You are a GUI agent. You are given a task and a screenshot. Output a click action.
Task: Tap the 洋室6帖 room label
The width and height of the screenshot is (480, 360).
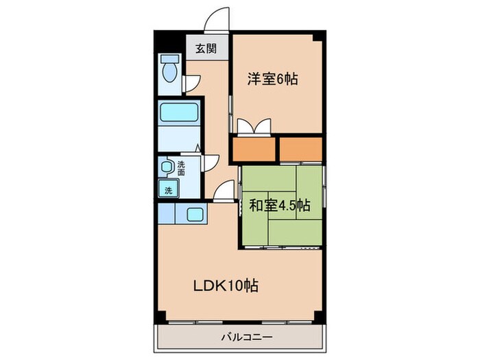pyautogui.click(x=272, y=79)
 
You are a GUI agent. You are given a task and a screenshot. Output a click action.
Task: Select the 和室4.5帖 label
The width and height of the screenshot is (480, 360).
pyautogui.click(x=279, y=204)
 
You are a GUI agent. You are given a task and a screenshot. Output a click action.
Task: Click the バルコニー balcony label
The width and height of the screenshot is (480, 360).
pyautogui.click(x=247, y=337)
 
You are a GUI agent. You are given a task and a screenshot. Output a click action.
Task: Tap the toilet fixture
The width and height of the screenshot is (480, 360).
pyautogui.click(x=168, y=68)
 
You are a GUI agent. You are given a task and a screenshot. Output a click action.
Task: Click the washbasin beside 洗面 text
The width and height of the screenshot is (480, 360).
pyautogui.click(x=167, y=167)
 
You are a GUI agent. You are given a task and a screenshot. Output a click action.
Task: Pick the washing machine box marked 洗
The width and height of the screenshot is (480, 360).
pyautogui.click(x=167, y=190)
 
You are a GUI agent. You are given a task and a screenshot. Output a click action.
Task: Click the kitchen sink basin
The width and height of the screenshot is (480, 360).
pyautogui.click(x=193, y=214)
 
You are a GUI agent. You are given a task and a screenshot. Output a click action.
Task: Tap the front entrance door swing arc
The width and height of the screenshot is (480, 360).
pyautogui.click(x=217, y=19)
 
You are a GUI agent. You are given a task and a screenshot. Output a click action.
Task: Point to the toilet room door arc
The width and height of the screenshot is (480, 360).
pyautogui.click(x=192, y=84)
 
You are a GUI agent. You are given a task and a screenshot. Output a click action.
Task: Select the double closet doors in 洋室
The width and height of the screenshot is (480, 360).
pyautogui.click(x=253, y=127)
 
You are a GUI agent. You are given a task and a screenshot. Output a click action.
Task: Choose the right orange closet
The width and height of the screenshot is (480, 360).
pyautogui.click(x=300, y=147)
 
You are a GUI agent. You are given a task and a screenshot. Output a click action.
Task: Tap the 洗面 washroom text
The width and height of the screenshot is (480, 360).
pyautogui.click(x=181, y=168)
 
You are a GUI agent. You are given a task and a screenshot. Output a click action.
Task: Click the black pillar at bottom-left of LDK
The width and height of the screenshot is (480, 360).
pyautogui.click(x=160, y=317)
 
